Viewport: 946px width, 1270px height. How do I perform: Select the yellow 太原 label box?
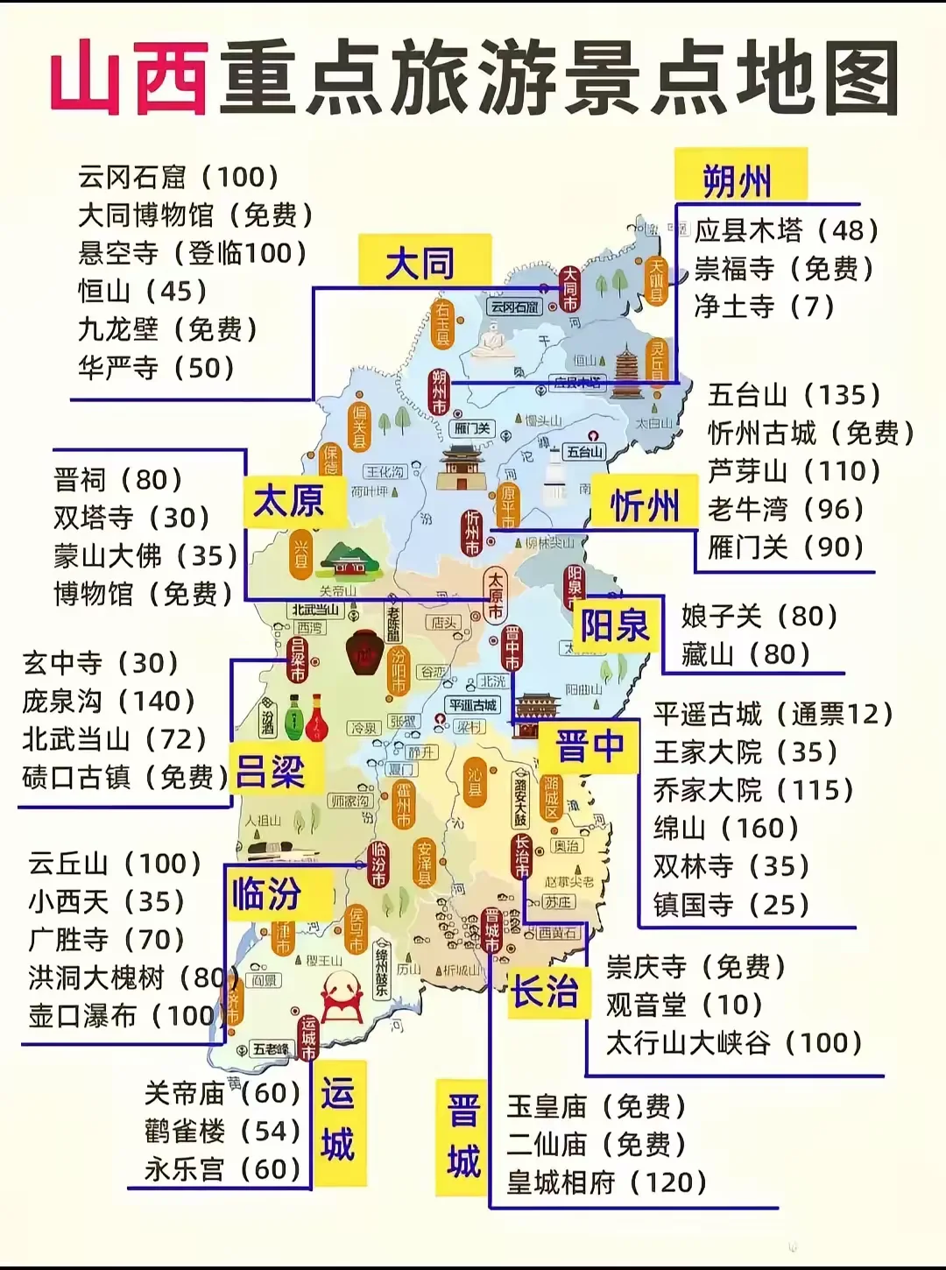click(288, 502)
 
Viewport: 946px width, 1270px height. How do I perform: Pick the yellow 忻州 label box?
click(645, 506)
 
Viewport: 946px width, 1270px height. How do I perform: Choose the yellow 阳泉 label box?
click(615, 625)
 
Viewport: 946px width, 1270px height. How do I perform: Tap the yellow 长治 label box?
click(546, 991)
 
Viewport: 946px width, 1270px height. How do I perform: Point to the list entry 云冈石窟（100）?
click(179, 177)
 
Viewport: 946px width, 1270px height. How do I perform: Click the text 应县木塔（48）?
click(786, 230)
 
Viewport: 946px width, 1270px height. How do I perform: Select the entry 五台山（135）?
click(794, 394)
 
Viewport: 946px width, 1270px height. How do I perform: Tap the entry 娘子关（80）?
click(759, 616)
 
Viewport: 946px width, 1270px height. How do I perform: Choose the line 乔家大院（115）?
click(753, 790)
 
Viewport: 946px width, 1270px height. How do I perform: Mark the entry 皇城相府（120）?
click(606, 1182)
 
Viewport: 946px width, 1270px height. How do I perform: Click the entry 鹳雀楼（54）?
click(222, 1131)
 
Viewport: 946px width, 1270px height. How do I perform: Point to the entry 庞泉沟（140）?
click(109, 701)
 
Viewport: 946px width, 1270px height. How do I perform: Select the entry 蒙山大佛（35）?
click(145, 555)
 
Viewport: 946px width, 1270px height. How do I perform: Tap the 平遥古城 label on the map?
click(472, 705)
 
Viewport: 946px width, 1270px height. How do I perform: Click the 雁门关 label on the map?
click(472, 429)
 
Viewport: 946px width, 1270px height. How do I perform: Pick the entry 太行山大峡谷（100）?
click(734, 1042)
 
